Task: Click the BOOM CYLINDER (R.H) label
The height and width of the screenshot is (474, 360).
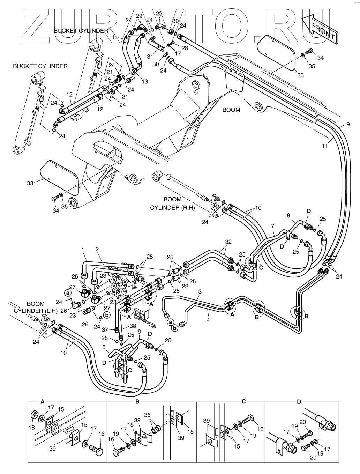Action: (x=172, y=203)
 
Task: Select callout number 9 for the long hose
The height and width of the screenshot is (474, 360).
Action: (x=348, y=124)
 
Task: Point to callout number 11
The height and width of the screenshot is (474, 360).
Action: (x=325, y=146)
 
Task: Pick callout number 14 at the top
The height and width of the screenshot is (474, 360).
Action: (x=115, y=37)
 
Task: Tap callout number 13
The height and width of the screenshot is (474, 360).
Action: (x=144, y=81)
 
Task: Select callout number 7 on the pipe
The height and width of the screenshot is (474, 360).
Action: (x=273, y=226)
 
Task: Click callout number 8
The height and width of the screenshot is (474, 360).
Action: (x=288, y=216)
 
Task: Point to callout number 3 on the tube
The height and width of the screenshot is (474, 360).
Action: (x=200, y=291)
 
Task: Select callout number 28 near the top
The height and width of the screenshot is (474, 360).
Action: (x=185, y=48)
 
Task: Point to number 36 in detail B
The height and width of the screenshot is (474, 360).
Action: (x=148, y=415)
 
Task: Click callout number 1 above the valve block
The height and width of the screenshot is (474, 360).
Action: (x=83, y=249)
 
